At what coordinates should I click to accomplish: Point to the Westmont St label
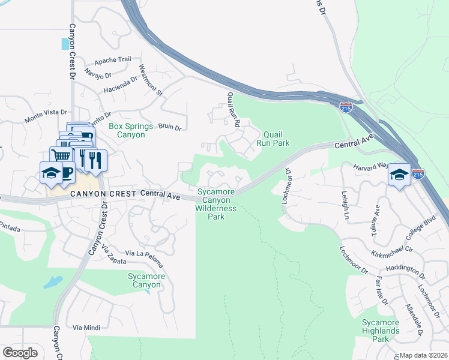(151, 80)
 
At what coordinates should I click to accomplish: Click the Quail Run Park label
(273, 139)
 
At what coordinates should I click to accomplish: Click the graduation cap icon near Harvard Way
(399, 174)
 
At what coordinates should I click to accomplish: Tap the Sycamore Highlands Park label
(381, 331)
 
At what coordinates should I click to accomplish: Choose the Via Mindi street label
(85, 328)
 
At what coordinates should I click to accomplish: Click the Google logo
(20, 353)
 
